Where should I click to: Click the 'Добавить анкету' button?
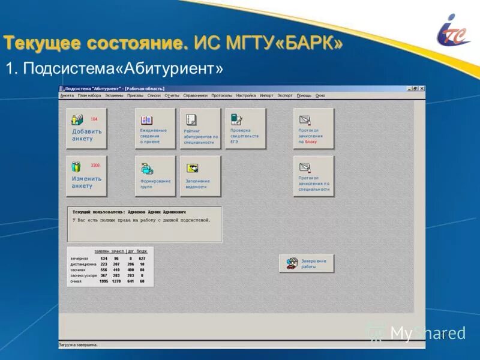[86, 128]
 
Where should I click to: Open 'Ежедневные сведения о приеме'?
[155, 128]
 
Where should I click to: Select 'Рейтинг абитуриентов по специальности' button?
[200, 128]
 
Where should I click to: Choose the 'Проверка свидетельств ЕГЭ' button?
[245, 128]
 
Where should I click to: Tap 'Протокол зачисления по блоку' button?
[314, 128]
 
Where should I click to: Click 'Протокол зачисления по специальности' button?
[314, 176]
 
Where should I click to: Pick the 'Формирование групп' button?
[155, 176]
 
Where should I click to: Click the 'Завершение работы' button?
[307, 263]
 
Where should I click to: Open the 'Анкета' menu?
[67, 95]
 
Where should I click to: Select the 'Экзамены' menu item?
[114, 95]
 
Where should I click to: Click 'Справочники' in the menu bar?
[195, 95]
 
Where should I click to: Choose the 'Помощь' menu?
[304, 95]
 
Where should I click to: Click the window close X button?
[422, 89]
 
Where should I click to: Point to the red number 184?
[94, 119]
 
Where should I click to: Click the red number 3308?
[95, 165]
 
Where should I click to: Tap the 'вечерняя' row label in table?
[79, 259]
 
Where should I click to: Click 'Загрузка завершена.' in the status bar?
[78, 345]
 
